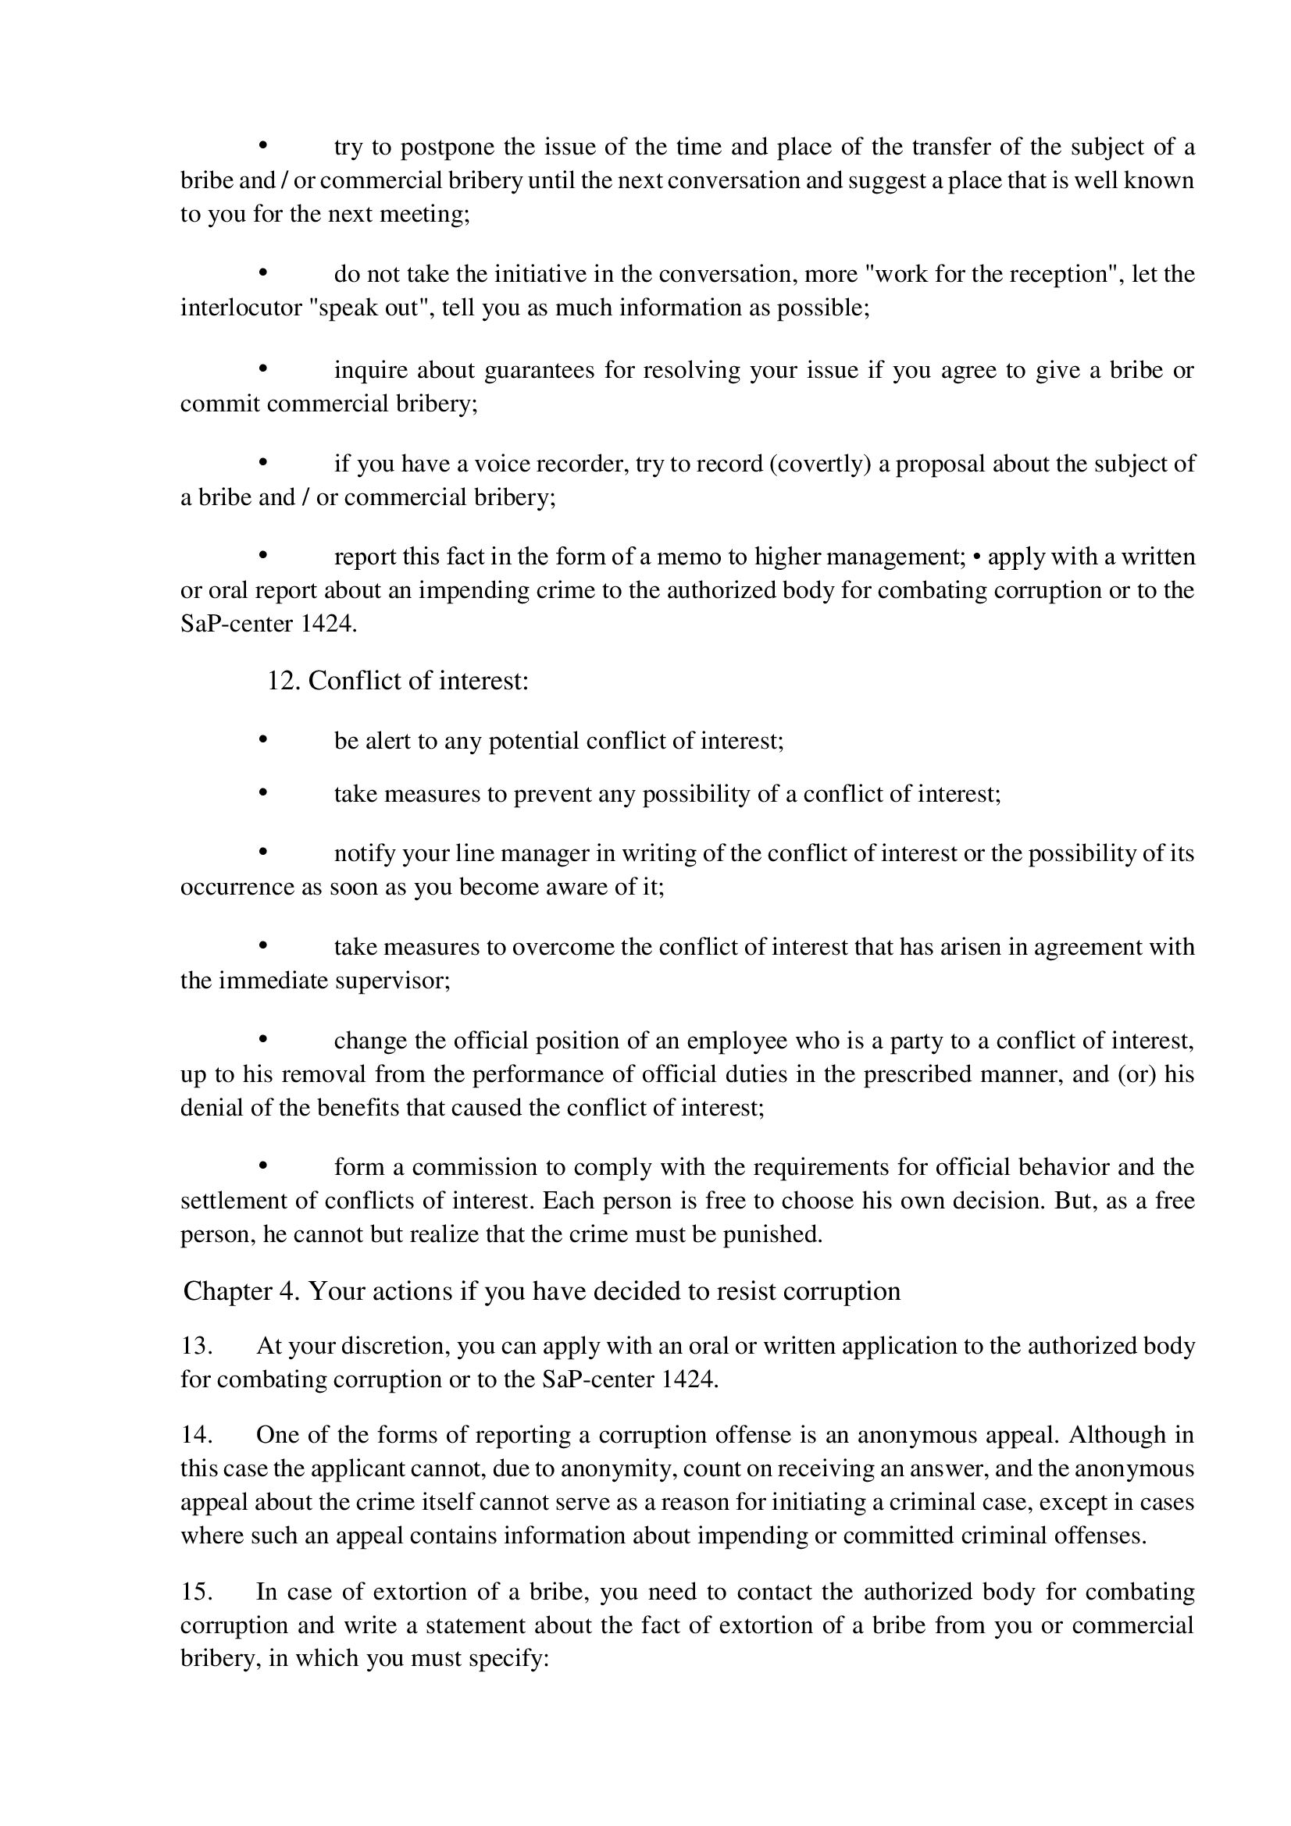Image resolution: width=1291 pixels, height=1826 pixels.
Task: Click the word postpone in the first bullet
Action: [x=446, y=148]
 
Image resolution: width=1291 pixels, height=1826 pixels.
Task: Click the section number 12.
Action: [x=282, y=681]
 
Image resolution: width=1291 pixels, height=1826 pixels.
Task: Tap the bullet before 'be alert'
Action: [x=262, y=740]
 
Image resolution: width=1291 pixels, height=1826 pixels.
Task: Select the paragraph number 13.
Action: [x=196, y=1346]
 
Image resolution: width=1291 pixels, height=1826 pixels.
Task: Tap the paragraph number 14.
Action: [x=196, y=1435]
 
